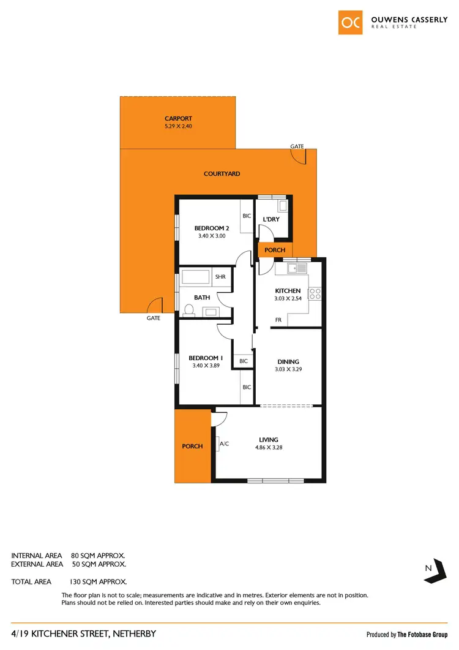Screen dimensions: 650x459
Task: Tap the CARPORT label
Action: tap(178, 119)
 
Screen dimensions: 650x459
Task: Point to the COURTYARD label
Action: tap(222, 174)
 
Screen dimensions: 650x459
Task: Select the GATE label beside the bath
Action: tap(153, 319)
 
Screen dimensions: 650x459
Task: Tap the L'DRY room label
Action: tap(271, 219)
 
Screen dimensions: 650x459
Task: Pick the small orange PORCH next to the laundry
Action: tap(275, 250)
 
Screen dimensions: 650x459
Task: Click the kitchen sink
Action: tap(298, 268)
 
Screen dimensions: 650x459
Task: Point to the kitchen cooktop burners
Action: tap(315, 293)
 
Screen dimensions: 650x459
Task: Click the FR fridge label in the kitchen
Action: tap(278, 320)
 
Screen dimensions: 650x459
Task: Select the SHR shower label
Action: tap(220, 277)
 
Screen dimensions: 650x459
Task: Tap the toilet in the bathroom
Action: tap(188, 311)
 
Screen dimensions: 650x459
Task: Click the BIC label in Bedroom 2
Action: tap(247, 216)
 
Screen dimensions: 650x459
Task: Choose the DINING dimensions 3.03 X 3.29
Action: tap(287, 370)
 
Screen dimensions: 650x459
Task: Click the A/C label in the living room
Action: tap(224, 444)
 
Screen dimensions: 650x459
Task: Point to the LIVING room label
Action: tap(269, 439)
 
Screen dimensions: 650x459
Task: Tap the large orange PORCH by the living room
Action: tap(193, 446)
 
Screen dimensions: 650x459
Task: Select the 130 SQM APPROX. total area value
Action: tap(99, 581)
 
